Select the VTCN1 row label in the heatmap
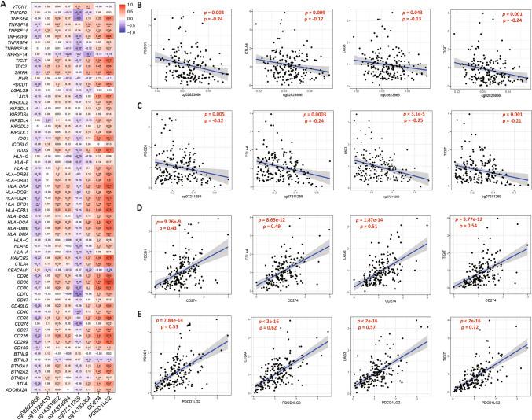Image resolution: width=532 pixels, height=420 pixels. pyautogui.click(x=20, y=6)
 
